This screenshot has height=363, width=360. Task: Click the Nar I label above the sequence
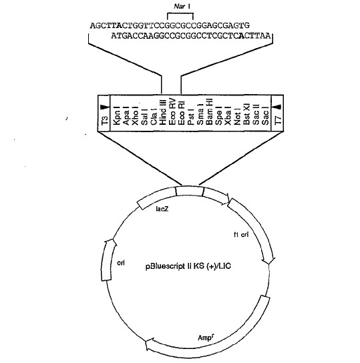coord(182,6)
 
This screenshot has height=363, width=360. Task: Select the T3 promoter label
coord(105,120)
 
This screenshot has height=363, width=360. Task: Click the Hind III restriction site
coord(163,112)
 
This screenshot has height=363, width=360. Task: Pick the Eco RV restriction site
coord(172,112)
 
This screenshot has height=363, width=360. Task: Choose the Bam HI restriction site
coord(209,112)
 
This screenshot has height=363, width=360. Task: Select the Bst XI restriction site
coord(246,114)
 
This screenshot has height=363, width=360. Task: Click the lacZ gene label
coord(162,209)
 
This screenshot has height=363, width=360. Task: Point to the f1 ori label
coord(241,234)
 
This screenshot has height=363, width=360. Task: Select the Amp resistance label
coord(206,338)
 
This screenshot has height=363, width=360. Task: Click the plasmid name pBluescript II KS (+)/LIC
coord(188,266)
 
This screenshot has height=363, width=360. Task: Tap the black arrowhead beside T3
coord(104,107)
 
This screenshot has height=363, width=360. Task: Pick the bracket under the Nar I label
coord(180,14)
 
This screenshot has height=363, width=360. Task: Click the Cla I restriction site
coord(154,117)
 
